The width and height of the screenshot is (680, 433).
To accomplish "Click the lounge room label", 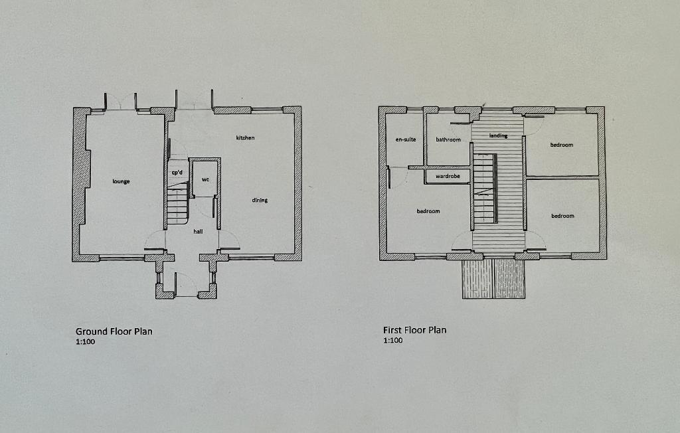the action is pos(121,181).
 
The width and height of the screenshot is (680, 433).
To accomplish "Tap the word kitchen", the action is pos(245,137).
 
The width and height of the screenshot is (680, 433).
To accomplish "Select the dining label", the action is pos(260,200).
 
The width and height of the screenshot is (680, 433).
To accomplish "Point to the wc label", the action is pos(206,179).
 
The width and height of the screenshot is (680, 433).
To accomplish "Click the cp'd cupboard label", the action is pos(177,172).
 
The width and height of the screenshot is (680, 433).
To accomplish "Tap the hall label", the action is pos(198,231).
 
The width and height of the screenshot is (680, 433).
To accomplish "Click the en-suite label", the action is pos(406,139).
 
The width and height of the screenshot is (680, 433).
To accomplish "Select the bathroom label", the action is pos(448,139).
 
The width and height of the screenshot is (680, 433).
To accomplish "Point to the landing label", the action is pos(498,135).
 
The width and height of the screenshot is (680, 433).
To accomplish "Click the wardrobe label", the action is pos(448,176).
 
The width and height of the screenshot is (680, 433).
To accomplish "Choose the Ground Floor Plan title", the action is pos(114,331).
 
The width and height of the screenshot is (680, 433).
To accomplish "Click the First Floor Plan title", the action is pos(414,330).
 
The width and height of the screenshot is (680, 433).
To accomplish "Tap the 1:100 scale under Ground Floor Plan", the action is pos(86,341).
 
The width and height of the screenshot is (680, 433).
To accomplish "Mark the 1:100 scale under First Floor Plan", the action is pos(393,340).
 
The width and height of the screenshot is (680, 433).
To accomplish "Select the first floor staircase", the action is pos(485,189).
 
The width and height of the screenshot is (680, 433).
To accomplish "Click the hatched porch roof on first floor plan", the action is pos(493,278).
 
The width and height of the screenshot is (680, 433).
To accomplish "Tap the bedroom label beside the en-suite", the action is pos(428,211).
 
